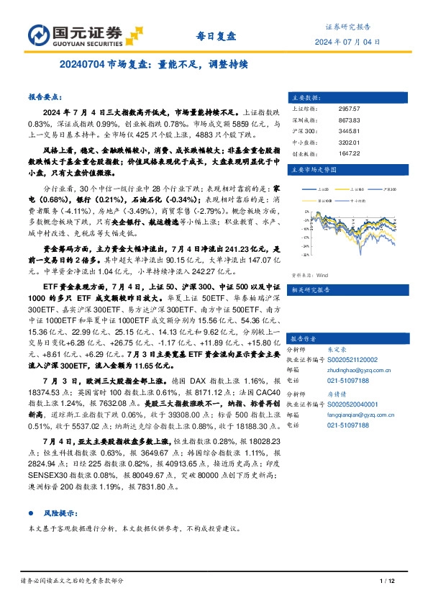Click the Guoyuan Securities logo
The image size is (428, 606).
75,34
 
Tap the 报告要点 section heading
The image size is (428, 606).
45,96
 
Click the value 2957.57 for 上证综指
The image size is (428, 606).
348,108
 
